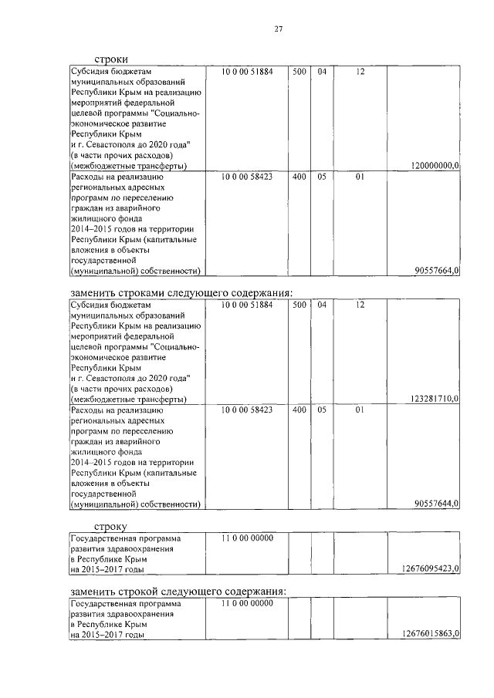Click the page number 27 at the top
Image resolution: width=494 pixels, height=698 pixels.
coord(279,29)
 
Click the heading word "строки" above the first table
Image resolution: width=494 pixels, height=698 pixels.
coord(111,59)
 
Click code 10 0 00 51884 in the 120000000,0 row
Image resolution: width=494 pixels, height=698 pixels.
coord(247,72)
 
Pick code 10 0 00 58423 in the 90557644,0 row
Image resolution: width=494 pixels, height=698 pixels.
coord(247,410)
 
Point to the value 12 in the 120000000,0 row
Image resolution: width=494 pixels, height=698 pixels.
coord(360,72)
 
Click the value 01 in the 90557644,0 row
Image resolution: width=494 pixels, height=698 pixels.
coord(360,410)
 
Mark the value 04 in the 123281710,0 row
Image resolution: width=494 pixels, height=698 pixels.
coord(322,305)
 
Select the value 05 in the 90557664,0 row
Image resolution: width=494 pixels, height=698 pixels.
coord(322,177)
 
